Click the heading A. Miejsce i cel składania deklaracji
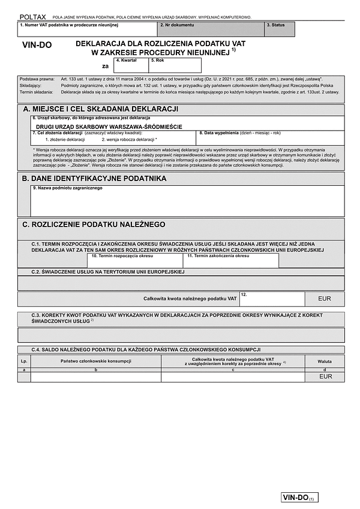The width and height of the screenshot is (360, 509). coord(101,109)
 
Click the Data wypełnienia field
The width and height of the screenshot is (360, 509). coord(270,138)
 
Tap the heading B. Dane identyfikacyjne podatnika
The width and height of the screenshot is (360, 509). coord(94,179)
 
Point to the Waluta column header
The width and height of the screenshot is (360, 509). coord(325,362)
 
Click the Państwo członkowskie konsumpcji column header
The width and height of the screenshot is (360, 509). coord(96,362)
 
